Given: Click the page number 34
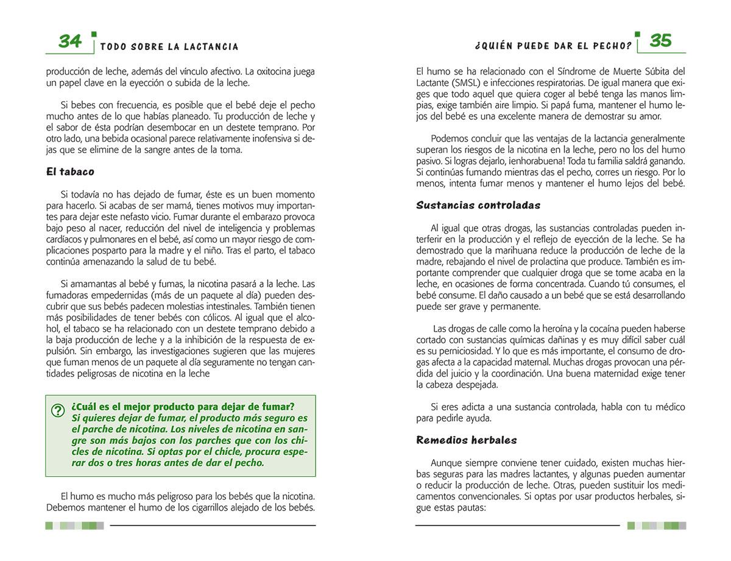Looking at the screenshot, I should (70, 41).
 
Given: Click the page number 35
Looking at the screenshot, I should (660, 41).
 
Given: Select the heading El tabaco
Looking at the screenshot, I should (70, 172).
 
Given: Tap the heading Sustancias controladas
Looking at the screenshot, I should (478, 205).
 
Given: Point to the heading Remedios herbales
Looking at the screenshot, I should (467, 440).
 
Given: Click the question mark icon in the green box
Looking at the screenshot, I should (58, 411).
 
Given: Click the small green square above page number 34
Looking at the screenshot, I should (93, 34).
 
